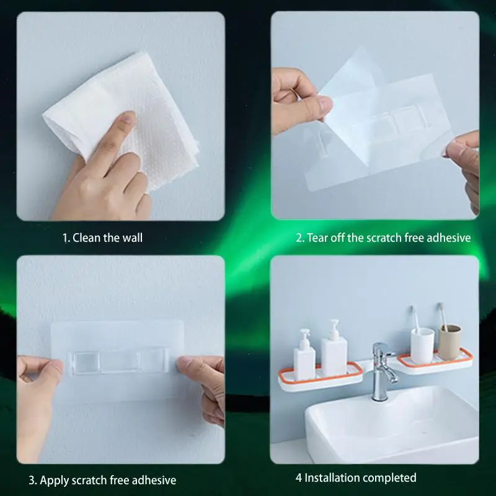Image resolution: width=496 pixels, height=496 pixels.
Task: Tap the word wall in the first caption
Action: coord(132,237)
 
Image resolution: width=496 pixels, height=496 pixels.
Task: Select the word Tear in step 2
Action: coord(317,237)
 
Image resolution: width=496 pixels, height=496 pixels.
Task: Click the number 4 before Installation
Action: coord(299,477)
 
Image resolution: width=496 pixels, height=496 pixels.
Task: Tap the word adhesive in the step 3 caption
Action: coord(154,480)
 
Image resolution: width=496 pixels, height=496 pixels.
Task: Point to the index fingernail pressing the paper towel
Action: coord(128,118)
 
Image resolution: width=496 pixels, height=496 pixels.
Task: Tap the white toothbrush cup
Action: coord(422,345)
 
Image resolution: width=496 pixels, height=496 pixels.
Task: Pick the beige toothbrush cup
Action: coord(449,342)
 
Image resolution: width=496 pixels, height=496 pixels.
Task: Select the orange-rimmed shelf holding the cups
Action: coord(435,361)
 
